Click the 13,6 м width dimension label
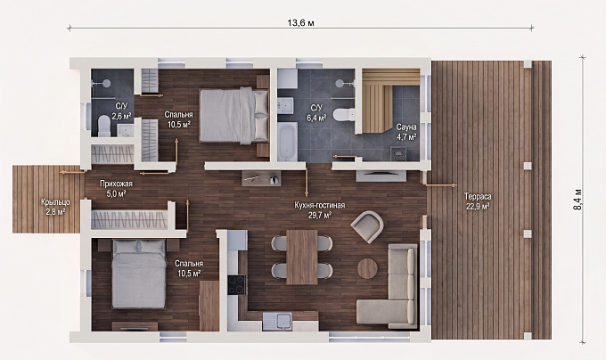click(x=300, y=23)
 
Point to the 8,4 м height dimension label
click(x=577, y=200)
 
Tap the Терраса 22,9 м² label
click(x=478, y=201)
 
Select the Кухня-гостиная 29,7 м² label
click(x=320, y=210)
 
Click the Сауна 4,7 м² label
click(x=406, y=132)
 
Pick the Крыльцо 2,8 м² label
click(x=55, y=207)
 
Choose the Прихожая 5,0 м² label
click(x=116, y=189)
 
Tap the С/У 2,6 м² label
click(x=121, y=110)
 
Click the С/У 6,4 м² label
click(x=316, y=113)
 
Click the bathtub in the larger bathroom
click(x=288, y=142)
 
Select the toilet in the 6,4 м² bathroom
click(x=344, y=115)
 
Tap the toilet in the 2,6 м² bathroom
click(x=104, y=126)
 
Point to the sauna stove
click(x=397, y=153)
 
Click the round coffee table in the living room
click(x=367, y=268)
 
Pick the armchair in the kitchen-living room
click(x=367, y=226)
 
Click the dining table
click(x=302, y=257)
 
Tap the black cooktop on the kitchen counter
click(x=236, y=284)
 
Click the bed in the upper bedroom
click(x=234, y=115)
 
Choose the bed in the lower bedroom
click(x=139, y=274)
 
